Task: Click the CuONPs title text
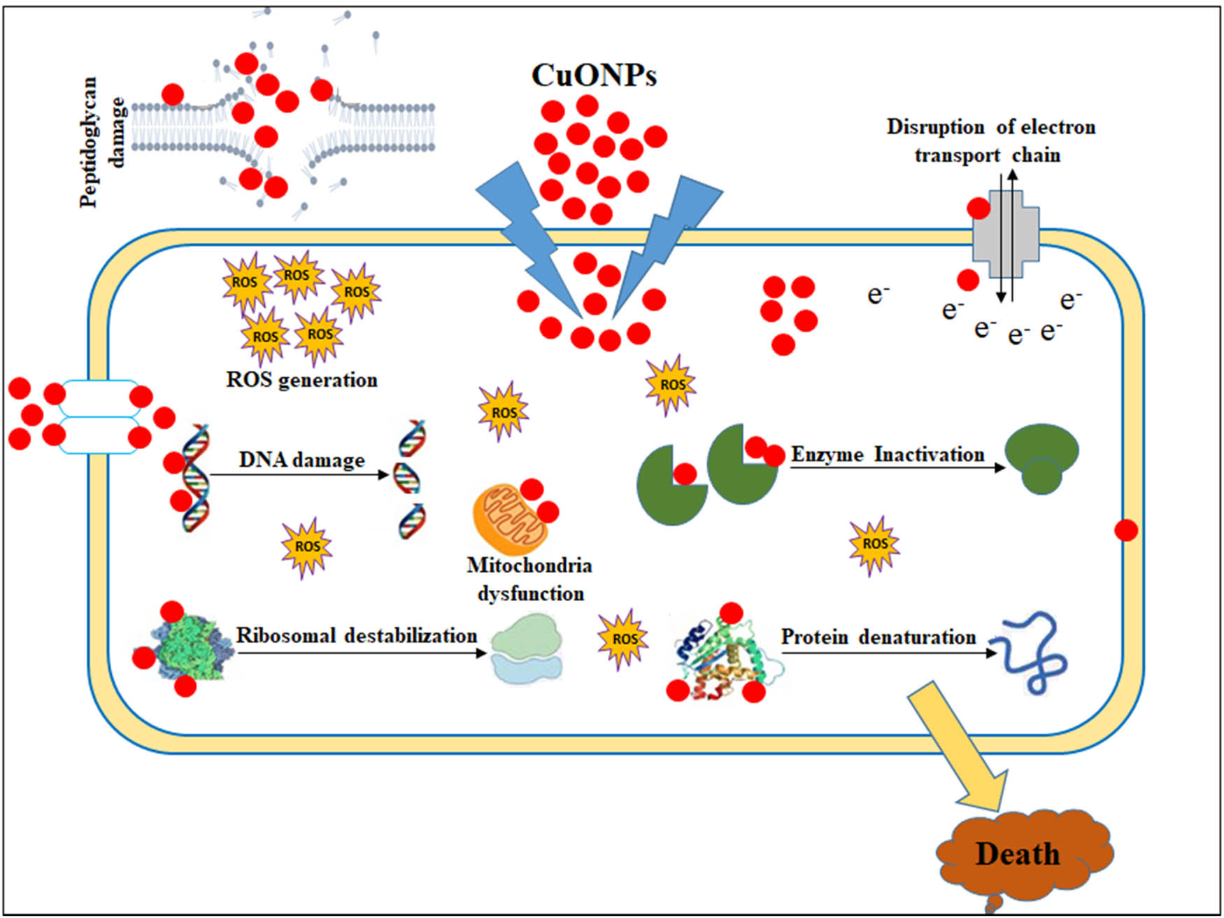click(x=594, y=75)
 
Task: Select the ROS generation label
click(x=301, y=380)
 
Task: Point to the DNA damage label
click(x=301, y=460)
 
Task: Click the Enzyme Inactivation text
click(x=888, y=455)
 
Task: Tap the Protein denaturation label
click(x=878, y=637)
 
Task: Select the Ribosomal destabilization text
click(x=357, y=635)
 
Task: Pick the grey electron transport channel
click(x=1006, y=234)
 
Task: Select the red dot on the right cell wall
click(x=1125, y=530)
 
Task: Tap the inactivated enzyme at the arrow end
click(x=1041, y=458)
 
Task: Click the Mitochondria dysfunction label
click(x=529, y=579)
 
